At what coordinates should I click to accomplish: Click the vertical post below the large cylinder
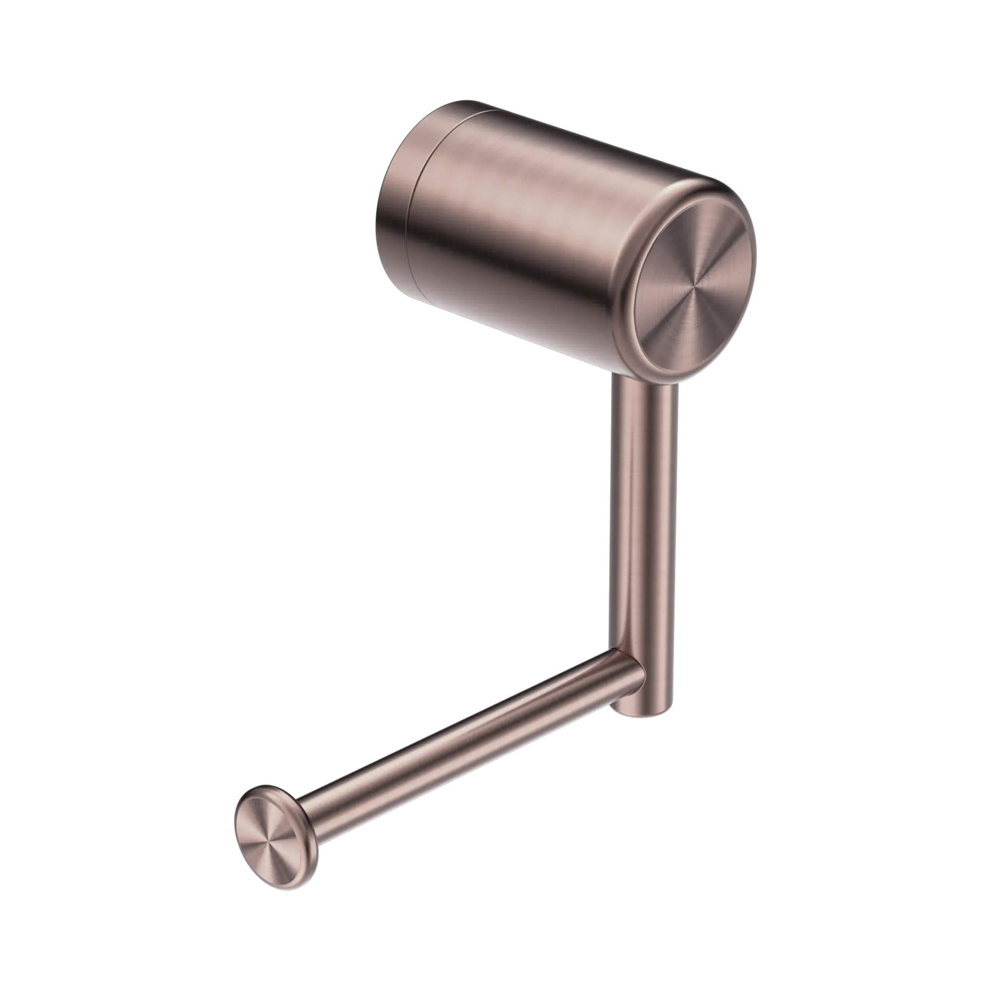click(x=644, y=513)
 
